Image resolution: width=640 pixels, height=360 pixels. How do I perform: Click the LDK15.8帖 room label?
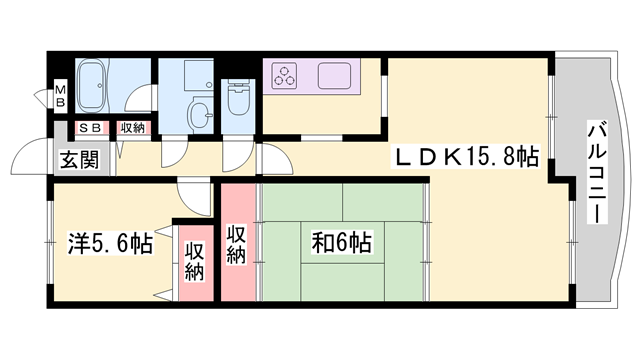pyautogui.click(x=465, y=156)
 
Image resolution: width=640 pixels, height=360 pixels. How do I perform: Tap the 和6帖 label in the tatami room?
pyautogui.click(x=341, y=242)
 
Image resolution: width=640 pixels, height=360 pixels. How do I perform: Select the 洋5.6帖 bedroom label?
pyautogui.click(x=110, y=244)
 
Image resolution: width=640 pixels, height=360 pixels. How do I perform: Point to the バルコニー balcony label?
pyautogui.click(x=597, y=172)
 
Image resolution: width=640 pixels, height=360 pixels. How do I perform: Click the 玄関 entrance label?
pyautogui.click(x=79, y=160)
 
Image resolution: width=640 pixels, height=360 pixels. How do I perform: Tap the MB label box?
pyautogui.click(x=60, y=96)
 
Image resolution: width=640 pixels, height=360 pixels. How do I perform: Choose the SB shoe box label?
pyautogui.click(x=90, y=128)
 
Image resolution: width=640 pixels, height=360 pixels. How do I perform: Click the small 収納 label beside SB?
pyautogui.click(x=133, y=128)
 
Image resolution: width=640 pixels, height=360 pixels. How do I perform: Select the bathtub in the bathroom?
pyautogui.click(x=92, y=86)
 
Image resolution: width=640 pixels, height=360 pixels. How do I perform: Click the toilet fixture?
pyautogui.click(x=238, y=97)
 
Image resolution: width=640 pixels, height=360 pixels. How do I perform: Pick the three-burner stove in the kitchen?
pyautogui.click(x=284, y=76)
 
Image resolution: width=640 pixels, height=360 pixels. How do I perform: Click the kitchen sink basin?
pyautogui.click(x=334, y=76)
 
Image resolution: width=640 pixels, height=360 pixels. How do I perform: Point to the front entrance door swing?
pyautogui.click(x=31, y=157)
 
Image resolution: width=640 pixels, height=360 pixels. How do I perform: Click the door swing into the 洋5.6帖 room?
pyautogui.click(x=194, y=198)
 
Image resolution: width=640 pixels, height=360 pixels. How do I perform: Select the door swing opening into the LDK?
pyautogui.click(x=276, y=159)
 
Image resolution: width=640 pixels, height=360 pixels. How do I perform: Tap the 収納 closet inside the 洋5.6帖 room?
pyautogui.click(x=195, y=262)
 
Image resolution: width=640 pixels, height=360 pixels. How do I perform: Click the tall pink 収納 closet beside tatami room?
pyautogui.click(x=238, y=242)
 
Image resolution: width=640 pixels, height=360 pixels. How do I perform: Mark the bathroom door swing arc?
pyautogui.click(x=140, y=98)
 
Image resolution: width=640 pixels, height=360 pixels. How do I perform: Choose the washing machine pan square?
pyautogui.click(x=198, y=76)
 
